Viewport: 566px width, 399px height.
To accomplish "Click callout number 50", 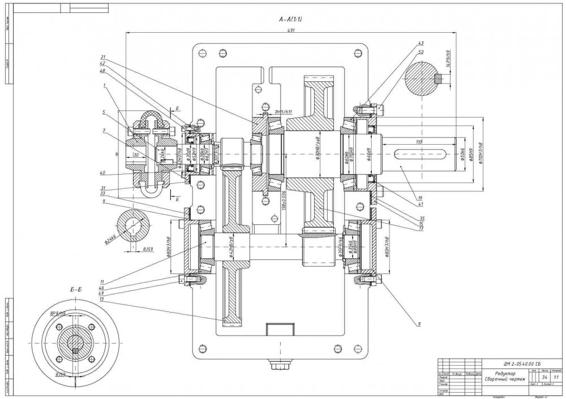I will pyautogui.click(x=421, y=51).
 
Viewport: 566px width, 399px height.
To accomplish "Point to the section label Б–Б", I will pyautogui.click(x=77, y=289).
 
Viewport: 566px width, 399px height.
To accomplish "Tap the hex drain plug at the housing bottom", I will pyautogui.click(x=279, y=367).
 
